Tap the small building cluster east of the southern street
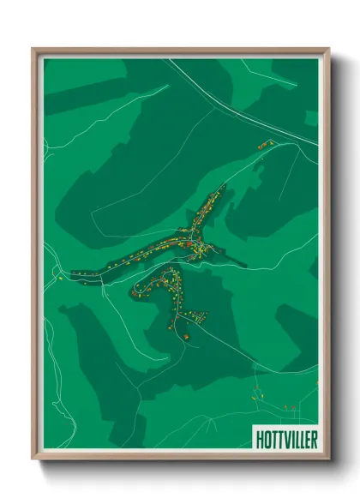point(201,315)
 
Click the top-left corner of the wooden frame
point(33,49)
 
